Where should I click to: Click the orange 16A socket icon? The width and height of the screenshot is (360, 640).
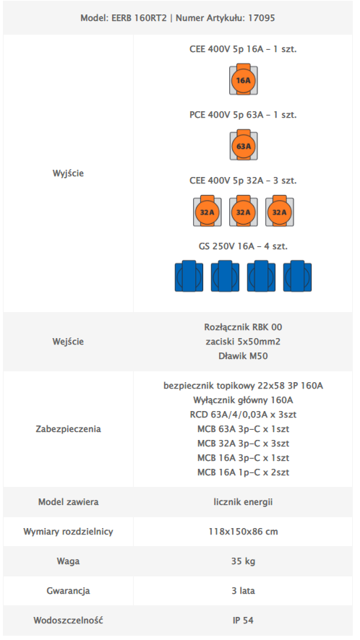pyautogui.click(x=243, y=79)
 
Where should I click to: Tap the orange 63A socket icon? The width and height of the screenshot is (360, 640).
pyautogui.click(x=243, y=145)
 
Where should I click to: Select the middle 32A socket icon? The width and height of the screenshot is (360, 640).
pyautogui.click(x=243, y=212)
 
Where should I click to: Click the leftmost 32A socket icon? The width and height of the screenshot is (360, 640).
pyautogui.click(x=207, y=212)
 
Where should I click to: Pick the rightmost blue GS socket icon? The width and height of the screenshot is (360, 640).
pyautogui.click(x=297, y=277)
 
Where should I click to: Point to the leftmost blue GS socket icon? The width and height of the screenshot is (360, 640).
pyautogui.click(x=189, y=277)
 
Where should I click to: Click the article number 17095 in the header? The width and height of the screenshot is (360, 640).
pyautogui.click(x=262, y=18)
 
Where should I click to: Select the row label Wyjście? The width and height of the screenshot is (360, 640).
pyautogui.click(x=68, y=173)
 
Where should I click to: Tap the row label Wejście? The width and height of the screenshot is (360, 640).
pyautogui.click(x=68, y=342)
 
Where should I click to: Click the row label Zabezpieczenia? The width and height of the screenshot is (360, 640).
pyautogui.click(x=68, y=429)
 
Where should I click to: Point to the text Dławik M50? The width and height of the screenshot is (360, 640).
pyautogui.click(x=243, y=356)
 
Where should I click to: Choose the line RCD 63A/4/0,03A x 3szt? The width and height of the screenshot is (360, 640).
pyautogui.click(x=243, y=415)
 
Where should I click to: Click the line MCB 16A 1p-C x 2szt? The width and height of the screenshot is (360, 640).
pyautogui.click(x=243, y=472)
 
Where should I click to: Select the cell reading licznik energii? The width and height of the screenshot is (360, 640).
pyautogui.click(x=243, y=501)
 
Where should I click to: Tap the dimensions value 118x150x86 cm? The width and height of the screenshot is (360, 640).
pyautogui.click(x=243, y=532)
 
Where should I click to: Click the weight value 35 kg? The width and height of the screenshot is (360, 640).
pyautogui.click(x=243, y=561)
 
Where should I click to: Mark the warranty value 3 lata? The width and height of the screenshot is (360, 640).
pyautogui.click(x=243, y=591)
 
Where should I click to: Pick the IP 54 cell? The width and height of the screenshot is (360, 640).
pyautogui.click(x=243, y=620)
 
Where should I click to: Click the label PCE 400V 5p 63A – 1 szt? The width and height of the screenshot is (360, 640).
pyautogui.click(x=243, y=115)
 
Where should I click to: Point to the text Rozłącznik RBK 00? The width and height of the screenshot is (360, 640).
pyautogui.click(x=243, y=327)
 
